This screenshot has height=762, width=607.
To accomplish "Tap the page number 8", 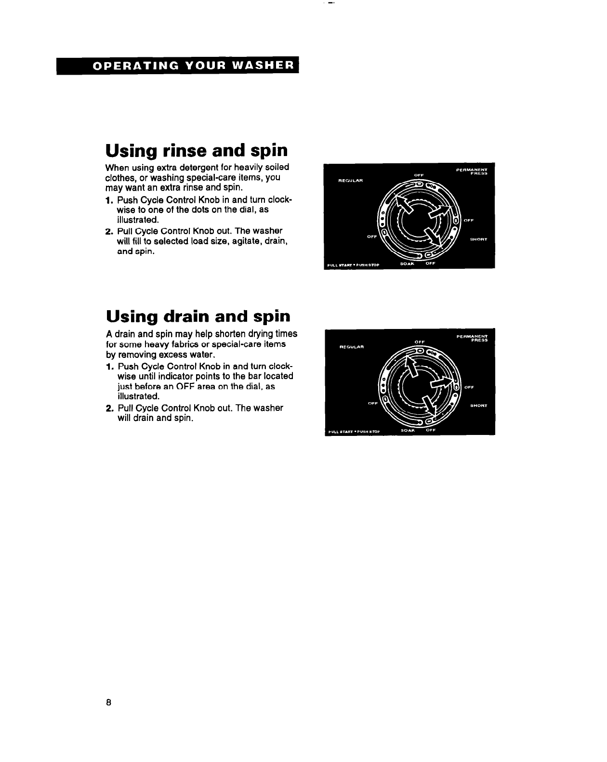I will (109, 702).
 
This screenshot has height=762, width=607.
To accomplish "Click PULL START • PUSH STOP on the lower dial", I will (354, 432).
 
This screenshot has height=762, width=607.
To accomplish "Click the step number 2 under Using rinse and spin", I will (108, 231).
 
